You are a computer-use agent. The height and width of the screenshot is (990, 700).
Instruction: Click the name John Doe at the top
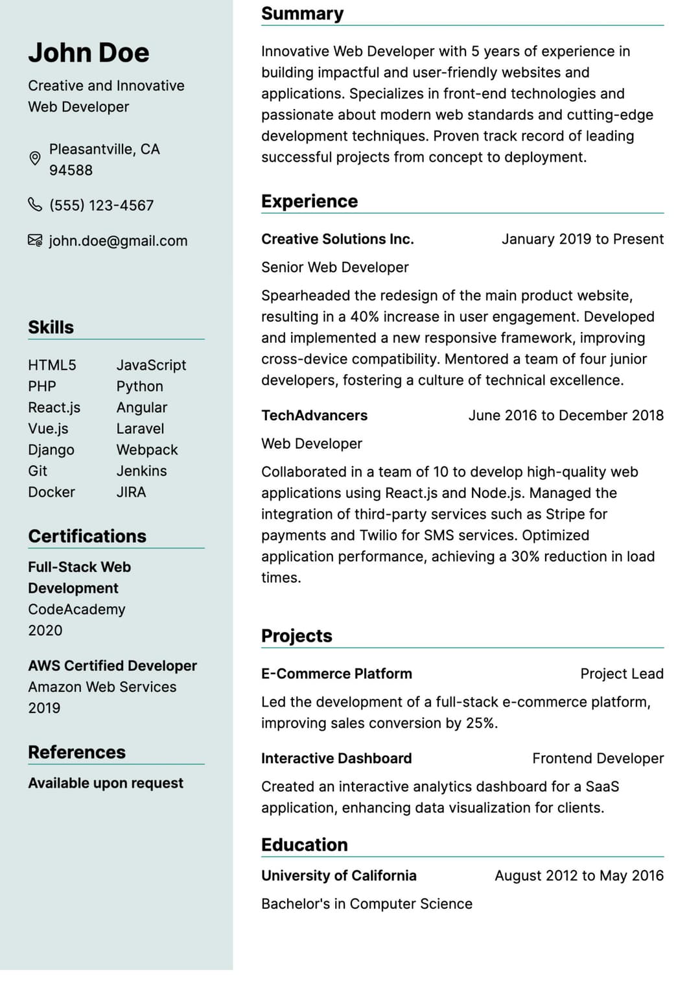(89, 53)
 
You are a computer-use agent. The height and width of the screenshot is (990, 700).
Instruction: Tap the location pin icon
(35, 158)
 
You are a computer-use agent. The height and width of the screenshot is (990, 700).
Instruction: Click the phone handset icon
(35, 205)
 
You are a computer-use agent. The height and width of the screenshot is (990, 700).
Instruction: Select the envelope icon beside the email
(35, 241)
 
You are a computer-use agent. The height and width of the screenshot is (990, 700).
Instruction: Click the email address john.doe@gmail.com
(118, 241)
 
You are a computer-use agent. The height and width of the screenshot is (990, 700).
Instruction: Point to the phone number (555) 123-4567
(102, 206)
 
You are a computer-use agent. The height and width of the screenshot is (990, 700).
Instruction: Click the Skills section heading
(51, 327)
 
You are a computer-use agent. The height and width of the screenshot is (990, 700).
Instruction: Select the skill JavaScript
(151, 365)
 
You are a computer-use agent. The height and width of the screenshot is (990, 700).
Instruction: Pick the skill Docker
(51, 492)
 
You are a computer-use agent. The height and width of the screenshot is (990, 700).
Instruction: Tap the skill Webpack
(147, 450)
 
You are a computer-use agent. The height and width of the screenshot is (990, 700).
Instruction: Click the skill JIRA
(131, 492)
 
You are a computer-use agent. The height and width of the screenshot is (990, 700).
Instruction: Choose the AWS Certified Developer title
(112, 666)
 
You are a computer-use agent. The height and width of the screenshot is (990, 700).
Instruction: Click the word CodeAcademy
(76, 609)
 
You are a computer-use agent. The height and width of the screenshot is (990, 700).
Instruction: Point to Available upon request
(106, 783)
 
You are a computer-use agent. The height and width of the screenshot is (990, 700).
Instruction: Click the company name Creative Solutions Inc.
(337, 239)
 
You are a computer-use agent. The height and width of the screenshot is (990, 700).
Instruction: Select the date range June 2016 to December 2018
(566, 416)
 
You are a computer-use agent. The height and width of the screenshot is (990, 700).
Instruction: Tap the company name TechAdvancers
(314, 416)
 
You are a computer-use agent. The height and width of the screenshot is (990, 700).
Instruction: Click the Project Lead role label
(622, 674)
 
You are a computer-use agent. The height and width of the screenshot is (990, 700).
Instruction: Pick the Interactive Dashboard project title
(336, 759)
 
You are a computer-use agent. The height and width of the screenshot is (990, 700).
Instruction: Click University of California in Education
(339, 876)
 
